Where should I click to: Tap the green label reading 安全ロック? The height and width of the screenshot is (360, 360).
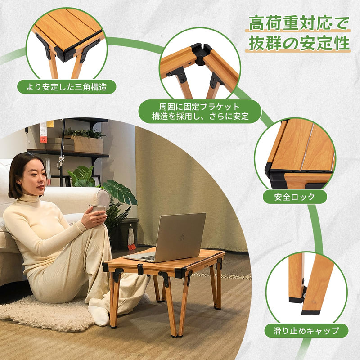(x=295, y=197)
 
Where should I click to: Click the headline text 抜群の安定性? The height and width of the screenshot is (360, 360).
(x=299, y=44)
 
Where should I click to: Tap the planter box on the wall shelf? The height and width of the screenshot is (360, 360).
(x=88, y=144)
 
